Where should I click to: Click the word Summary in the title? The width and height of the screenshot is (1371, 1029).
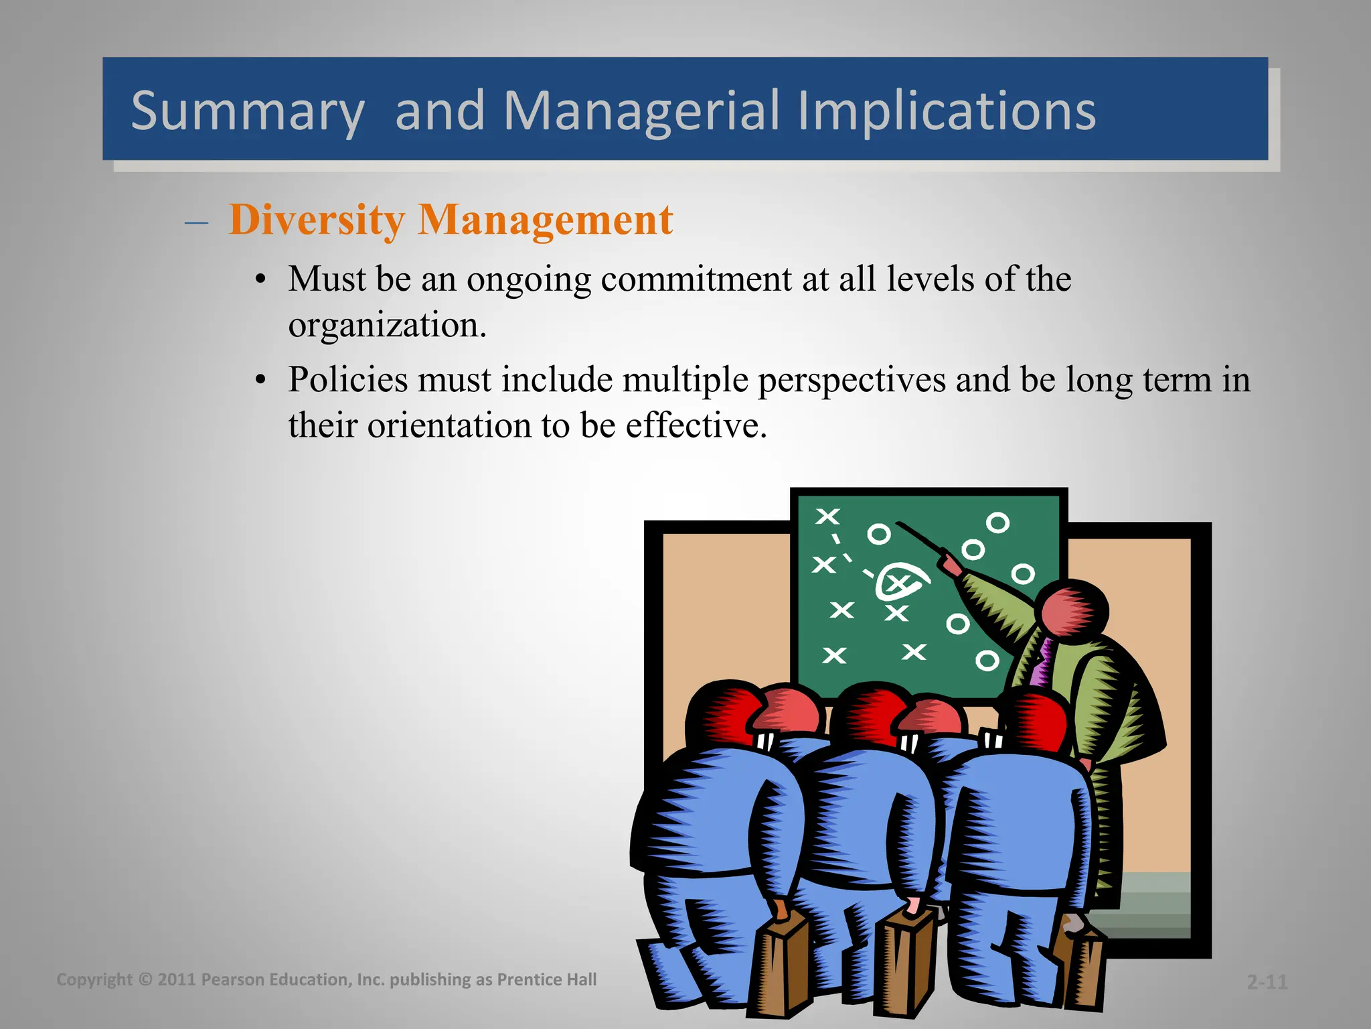pos(247,111)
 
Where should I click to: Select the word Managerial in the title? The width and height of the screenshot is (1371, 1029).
pos(641,111)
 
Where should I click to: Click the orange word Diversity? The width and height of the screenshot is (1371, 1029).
pos(317,220)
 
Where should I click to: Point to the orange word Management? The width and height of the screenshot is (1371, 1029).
pos(545,220)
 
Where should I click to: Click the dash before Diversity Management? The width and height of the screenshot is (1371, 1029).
pos(196,222)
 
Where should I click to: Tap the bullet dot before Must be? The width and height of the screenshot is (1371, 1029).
pos(261,280)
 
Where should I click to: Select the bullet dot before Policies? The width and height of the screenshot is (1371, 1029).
pos(261,381)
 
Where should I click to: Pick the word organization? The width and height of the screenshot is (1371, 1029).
pos(387,326)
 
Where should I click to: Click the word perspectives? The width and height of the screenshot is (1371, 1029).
pos(851,381)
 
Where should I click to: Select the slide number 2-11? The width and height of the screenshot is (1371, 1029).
pos(1267,982)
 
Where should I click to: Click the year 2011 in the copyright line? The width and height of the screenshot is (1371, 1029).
pos(176,979)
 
